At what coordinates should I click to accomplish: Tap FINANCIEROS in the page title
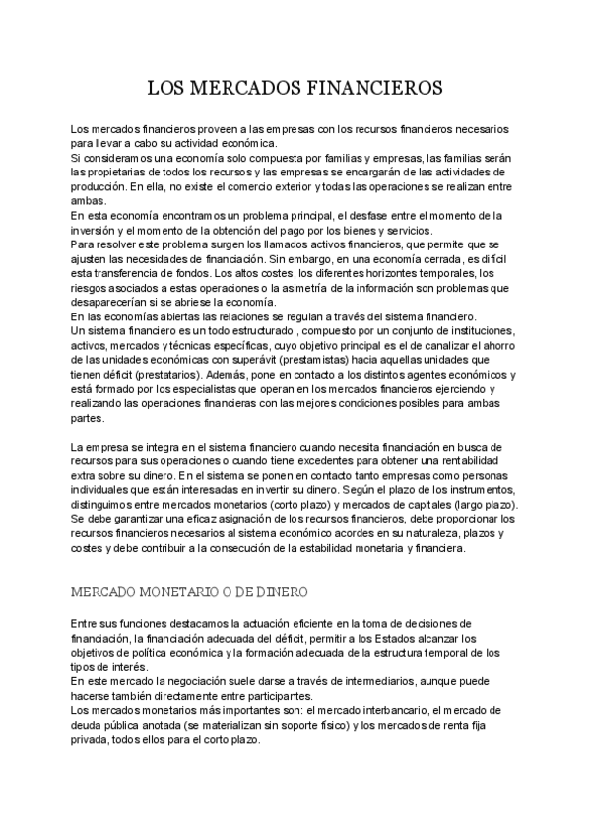(369, 88)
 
